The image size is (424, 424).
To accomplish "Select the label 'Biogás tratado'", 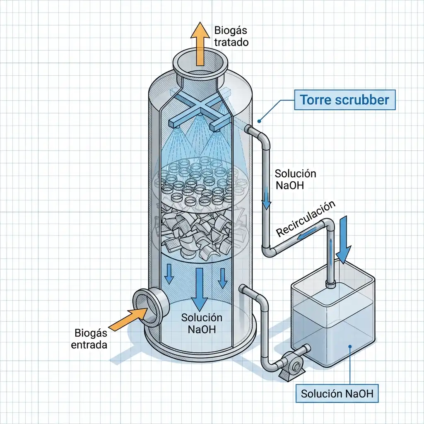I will point(231,36).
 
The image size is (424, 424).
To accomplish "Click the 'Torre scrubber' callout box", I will point(344,100).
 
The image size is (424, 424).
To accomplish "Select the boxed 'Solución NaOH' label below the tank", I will point(337,393).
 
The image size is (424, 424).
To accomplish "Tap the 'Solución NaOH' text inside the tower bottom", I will point(202,324).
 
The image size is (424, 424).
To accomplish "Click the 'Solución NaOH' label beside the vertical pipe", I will point(295,179).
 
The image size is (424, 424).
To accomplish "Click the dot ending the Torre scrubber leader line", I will point(259,121).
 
